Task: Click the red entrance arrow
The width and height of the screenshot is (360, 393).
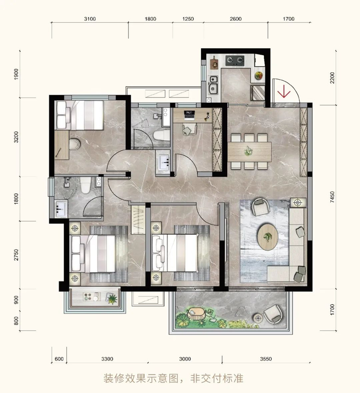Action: coord(282,93)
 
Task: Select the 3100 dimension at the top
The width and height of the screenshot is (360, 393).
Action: coord(89,19)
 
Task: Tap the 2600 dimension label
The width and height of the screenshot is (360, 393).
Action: coord(236,19)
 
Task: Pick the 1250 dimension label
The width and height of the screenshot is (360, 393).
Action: coord(188,19)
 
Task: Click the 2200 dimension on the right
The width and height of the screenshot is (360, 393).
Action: coord(333,79)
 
